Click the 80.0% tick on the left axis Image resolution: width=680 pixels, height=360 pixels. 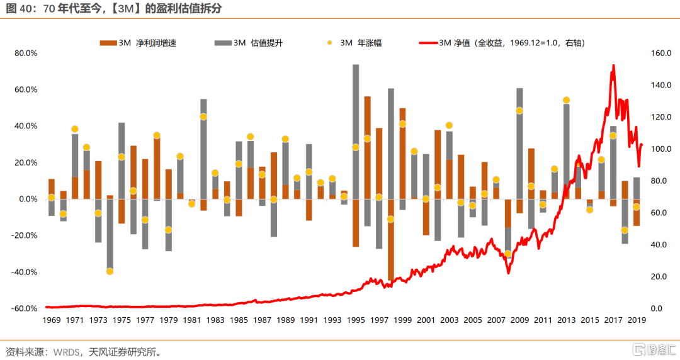(x=26, y=53)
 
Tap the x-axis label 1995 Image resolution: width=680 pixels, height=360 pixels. (x=356, y=320)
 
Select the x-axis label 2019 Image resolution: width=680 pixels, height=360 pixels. (x=637, y=320)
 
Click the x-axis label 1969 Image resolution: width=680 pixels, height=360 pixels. (x=51, y=320)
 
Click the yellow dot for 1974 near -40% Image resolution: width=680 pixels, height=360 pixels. (x=110, y=271)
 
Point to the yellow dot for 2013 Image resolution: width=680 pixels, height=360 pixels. (x=566, y=100)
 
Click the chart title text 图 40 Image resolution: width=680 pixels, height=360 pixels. (x=17, y=9)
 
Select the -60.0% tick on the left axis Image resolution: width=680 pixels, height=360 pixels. (x=26, y=308)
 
